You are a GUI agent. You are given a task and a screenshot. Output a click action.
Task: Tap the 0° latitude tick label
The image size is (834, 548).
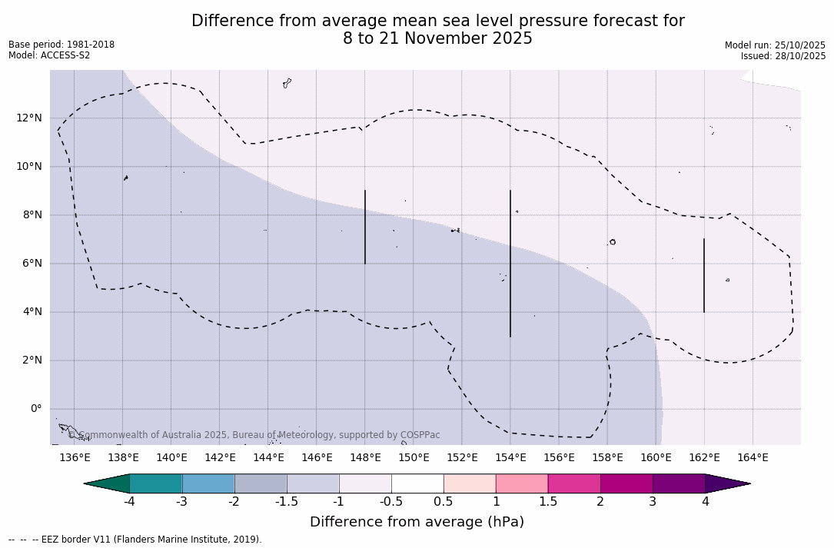coord(35,409)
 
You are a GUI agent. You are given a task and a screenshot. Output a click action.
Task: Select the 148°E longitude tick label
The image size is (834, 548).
coord(365,458)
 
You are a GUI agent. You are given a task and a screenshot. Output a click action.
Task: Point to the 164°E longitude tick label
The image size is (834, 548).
coord(753,458)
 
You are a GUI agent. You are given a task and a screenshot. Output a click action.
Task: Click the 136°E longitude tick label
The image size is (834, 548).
coord(75,458)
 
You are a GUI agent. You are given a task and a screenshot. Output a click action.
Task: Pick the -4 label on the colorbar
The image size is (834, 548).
coord(129,502)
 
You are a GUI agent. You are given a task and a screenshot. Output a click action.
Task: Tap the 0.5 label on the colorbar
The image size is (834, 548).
coord(444,502)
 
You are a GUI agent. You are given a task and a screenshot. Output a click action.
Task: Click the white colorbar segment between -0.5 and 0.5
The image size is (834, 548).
coord(417,483)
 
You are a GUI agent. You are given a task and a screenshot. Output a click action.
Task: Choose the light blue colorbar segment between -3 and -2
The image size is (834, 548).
coord(208,483)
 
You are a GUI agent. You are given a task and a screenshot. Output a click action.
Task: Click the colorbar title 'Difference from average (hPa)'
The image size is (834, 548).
coord(417,522)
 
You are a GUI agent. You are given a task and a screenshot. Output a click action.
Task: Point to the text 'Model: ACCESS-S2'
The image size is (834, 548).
coord(49,55)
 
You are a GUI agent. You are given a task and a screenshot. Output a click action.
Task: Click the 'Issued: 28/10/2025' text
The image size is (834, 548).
coord(783,56)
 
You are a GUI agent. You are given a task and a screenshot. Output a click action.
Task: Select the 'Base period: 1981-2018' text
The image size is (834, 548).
coord(61,45)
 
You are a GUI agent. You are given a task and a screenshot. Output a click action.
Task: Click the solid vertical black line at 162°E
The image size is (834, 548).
coord(704,275)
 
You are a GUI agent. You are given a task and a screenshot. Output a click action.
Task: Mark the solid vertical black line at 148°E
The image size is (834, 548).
coord(365,227)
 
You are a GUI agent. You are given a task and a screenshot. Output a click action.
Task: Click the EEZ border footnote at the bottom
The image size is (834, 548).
coord(135,540)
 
